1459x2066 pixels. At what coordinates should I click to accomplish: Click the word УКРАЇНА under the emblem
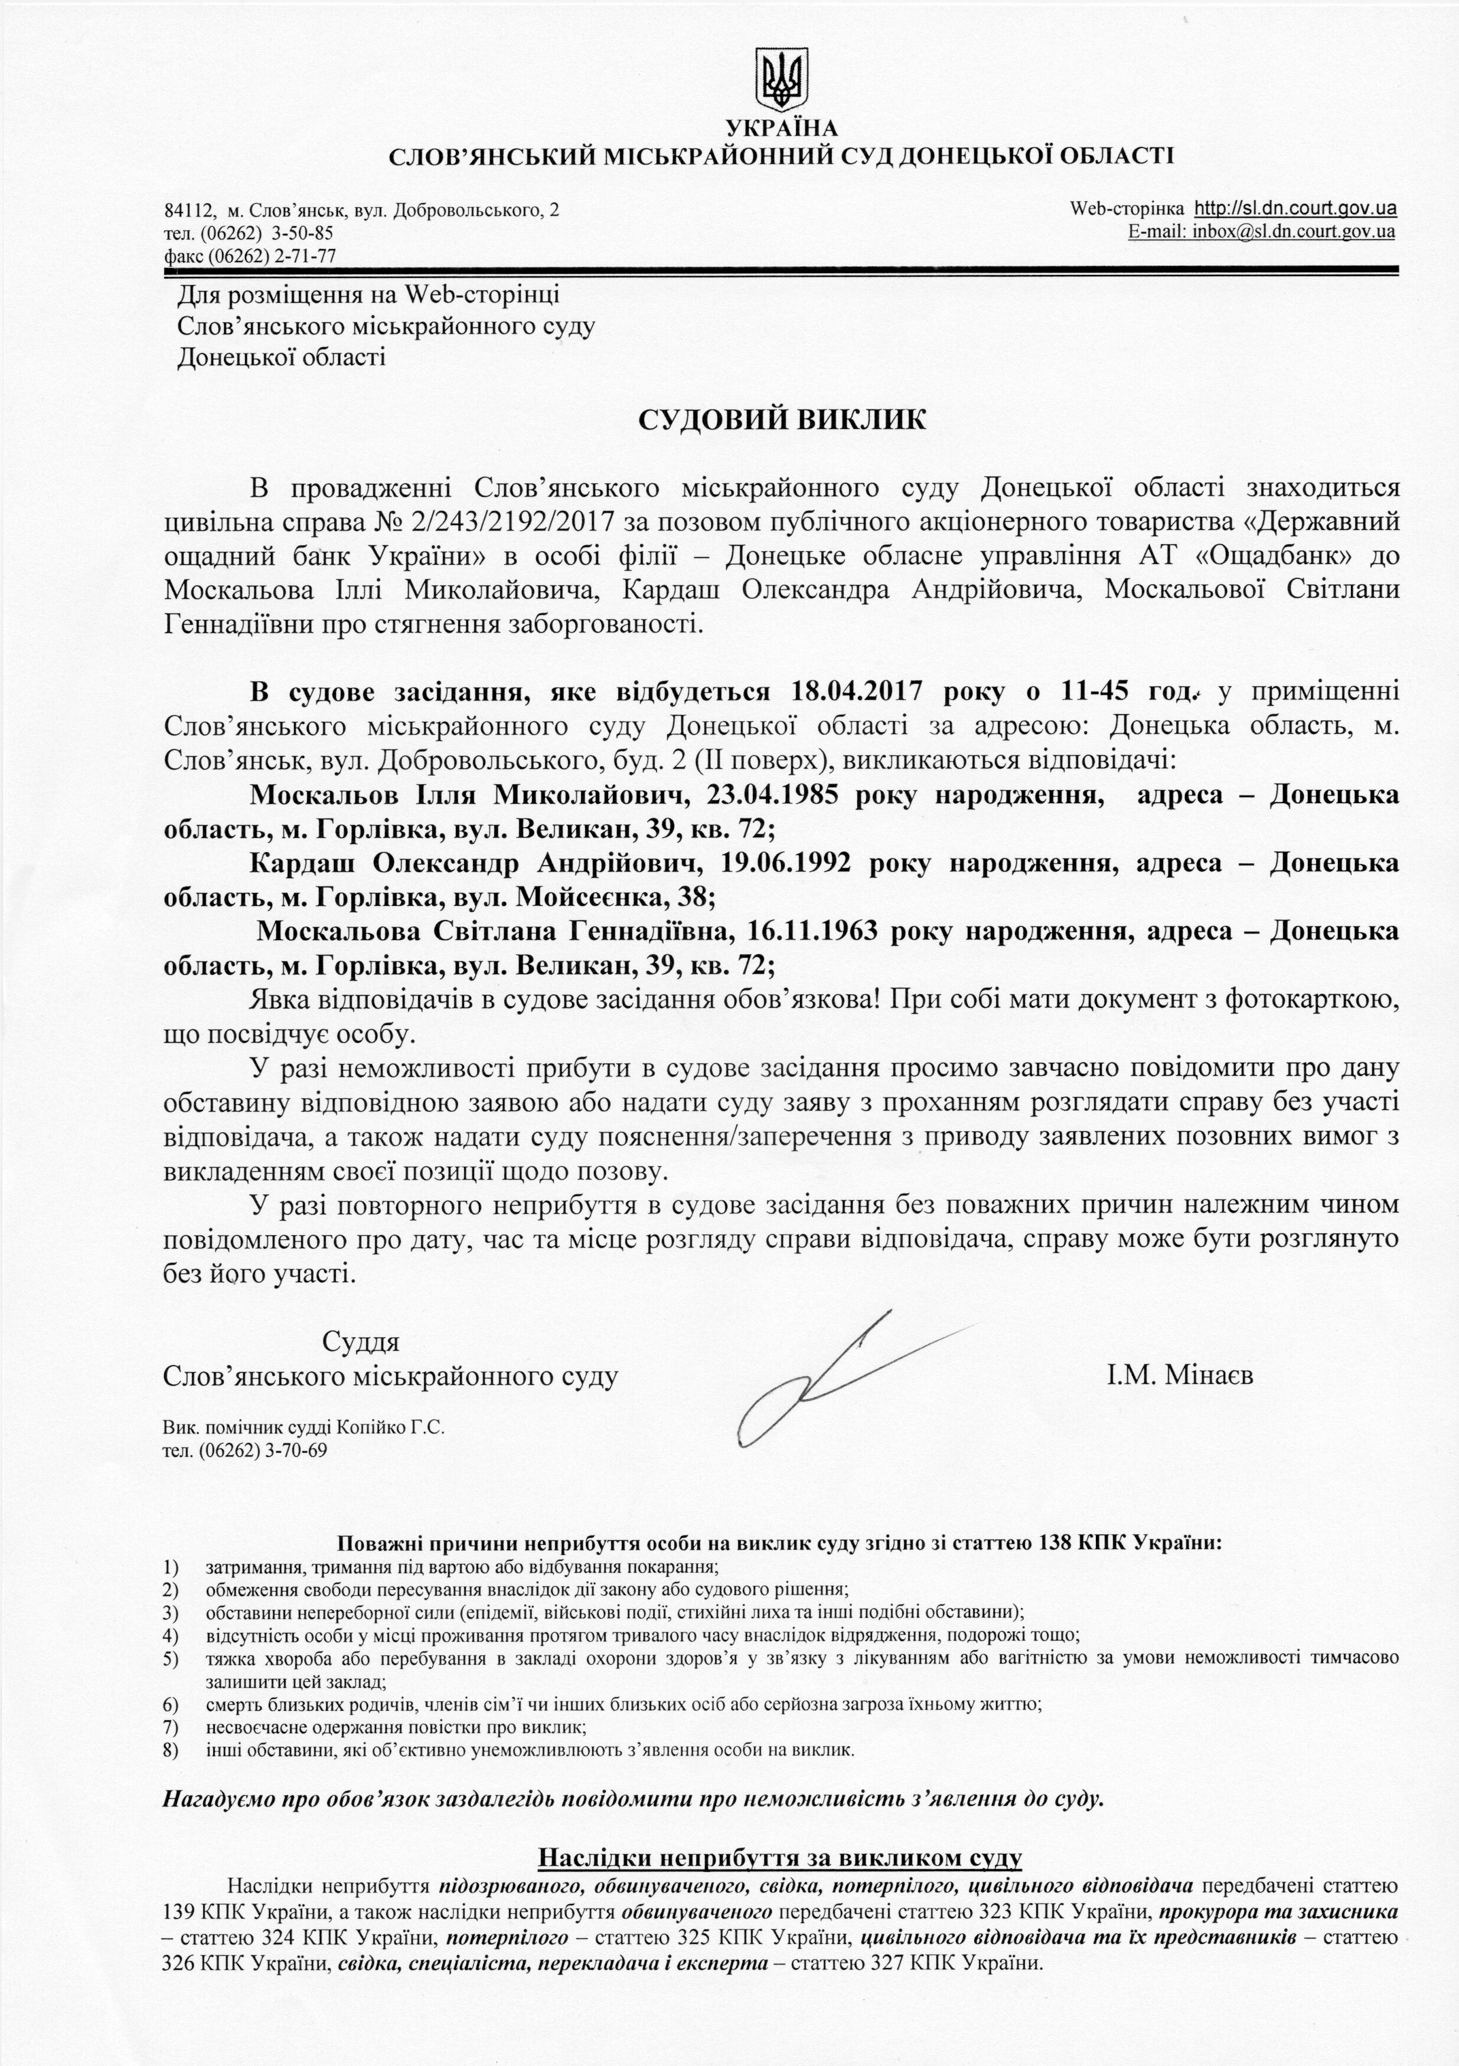point(781,129)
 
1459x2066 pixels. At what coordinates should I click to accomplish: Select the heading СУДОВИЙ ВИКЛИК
point(781,420)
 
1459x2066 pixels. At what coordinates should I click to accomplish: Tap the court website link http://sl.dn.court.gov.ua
point(1295,209)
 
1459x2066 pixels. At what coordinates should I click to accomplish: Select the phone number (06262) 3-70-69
point(266,1449)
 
